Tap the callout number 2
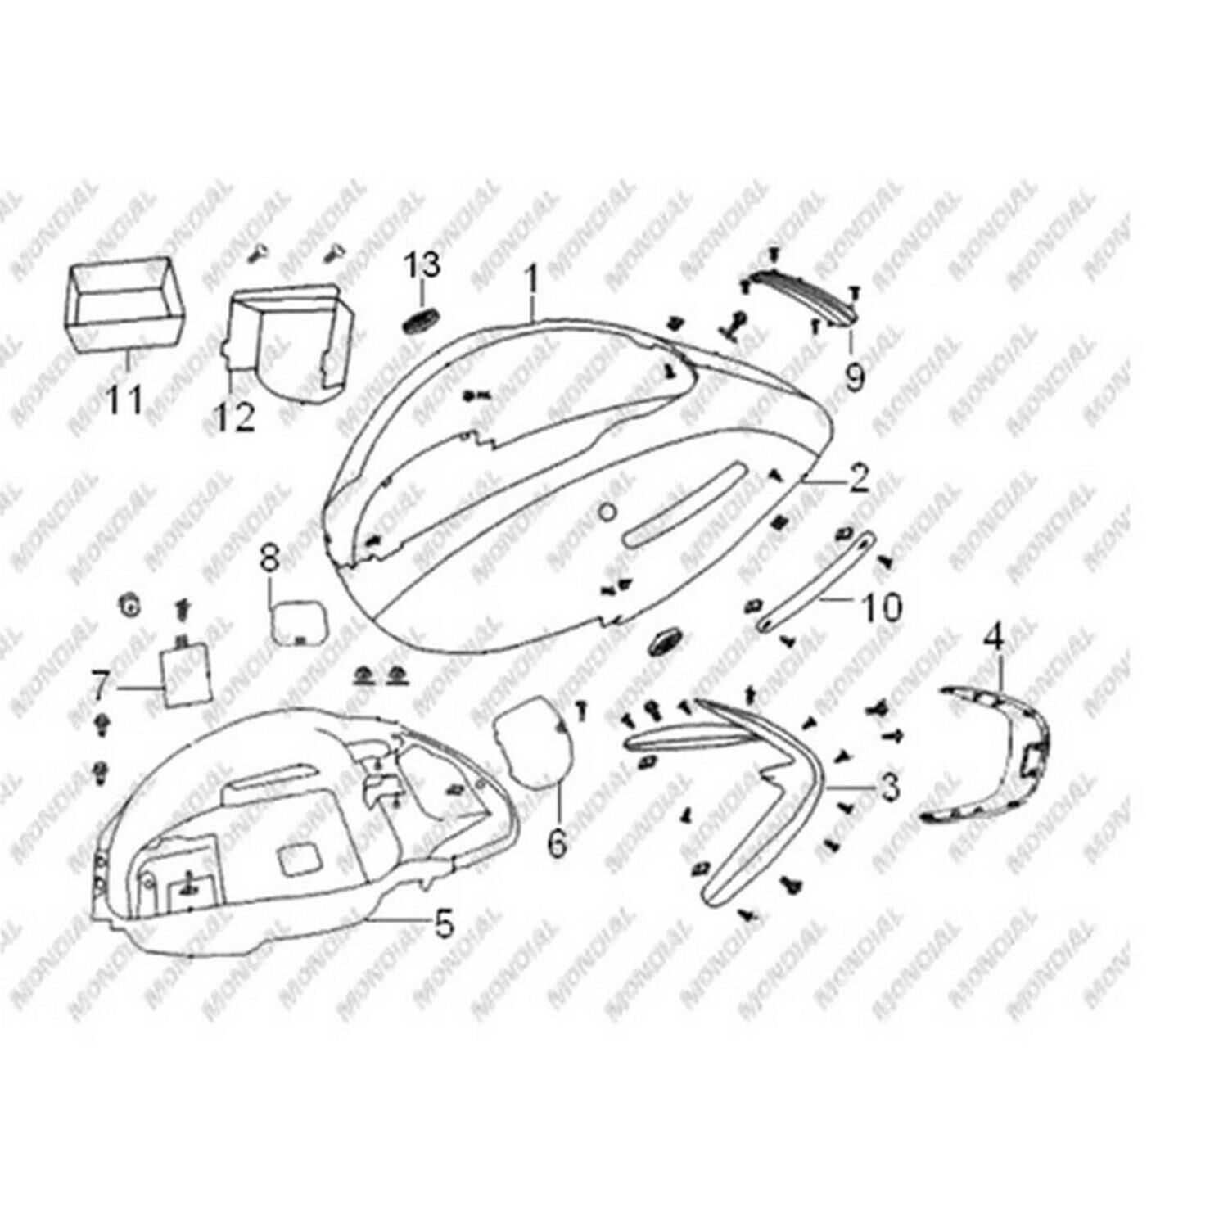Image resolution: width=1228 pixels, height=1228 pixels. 857,479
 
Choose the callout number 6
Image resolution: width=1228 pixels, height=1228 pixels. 557,843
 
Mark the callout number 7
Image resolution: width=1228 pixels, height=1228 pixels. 100,686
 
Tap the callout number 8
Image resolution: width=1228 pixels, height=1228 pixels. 269,560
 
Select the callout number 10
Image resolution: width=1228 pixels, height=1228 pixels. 881,607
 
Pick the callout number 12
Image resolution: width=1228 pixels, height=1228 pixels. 236,417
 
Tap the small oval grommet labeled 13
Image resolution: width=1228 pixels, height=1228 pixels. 420,321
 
